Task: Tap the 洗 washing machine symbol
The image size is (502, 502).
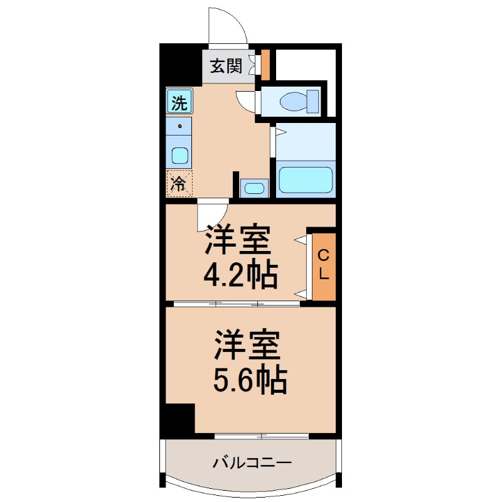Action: click(x=179, y=100)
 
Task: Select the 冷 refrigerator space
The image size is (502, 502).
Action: click(x=179, y=183)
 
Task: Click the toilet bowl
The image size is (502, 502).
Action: click(x=295, y=100)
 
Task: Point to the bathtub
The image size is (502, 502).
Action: click(x=306, y=178)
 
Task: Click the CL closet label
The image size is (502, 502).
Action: click(x=324, y=265)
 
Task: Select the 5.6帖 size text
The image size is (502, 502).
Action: click(x=250, y=378)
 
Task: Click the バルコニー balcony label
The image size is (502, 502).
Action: click(x=252, y=464)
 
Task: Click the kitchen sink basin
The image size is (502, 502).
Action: click(x=180, y=155)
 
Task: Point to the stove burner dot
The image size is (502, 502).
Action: click(x=181, y=126)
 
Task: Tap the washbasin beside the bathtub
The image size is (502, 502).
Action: click(x=254, y=187)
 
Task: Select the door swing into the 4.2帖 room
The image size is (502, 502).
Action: click(x=211, y=215)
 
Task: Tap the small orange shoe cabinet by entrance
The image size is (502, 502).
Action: click(x=265, y=65)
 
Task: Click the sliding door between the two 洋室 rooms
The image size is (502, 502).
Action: click(x=237, y=304)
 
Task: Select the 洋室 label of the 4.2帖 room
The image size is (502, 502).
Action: click(x=237, y=240)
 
